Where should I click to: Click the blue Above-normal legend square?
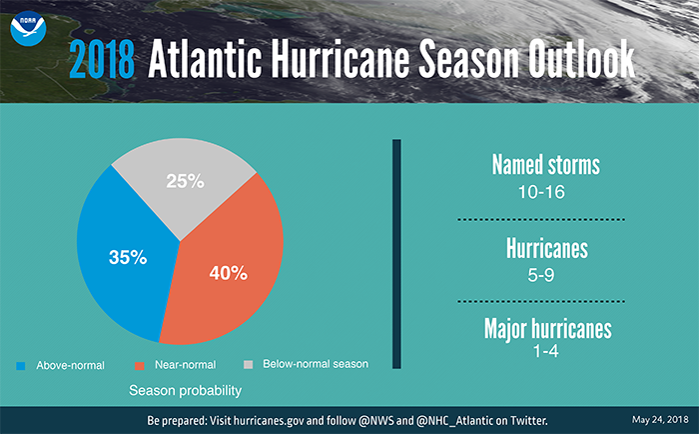[x=22, y=365]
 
